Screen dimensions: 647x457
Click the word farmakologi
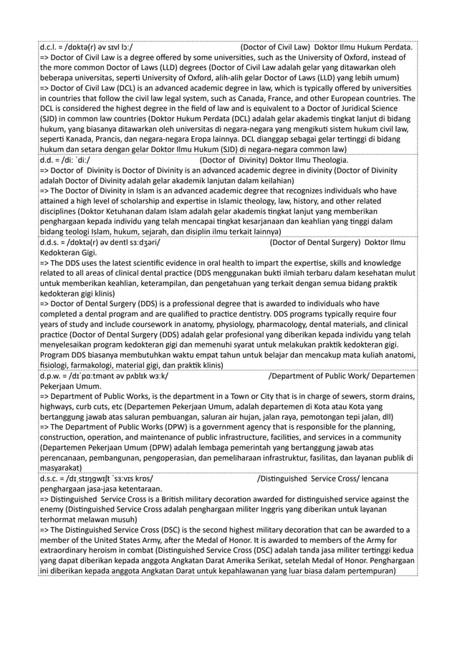pyautogui.click(x=97, y=365)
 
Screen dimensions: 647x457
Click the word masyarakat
pyautogui.click(x=64, y=466)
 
